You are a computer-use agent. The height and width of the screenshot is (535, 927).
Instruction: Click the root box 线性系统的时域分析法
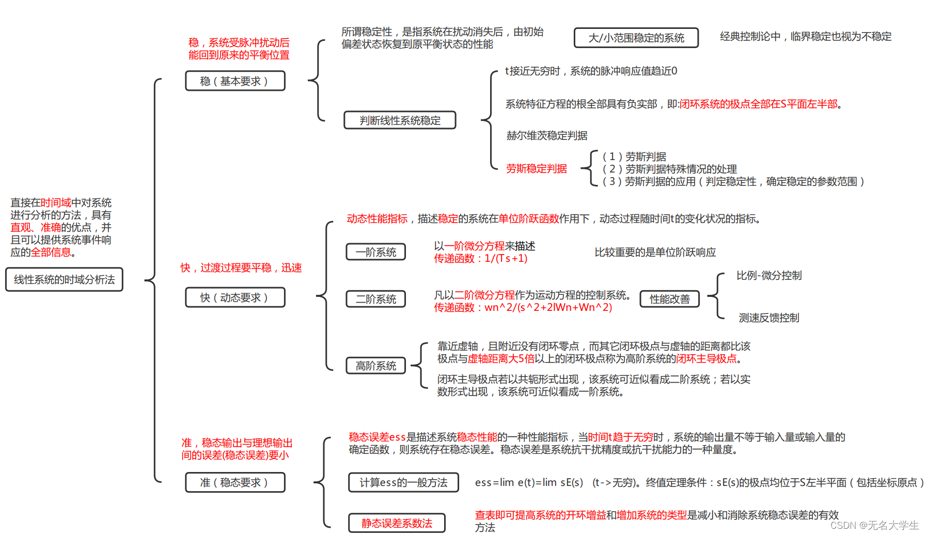(x=64, y=279)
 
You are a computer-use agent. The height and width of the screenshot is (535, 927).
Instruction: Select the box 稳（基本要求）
(x=235, y=81)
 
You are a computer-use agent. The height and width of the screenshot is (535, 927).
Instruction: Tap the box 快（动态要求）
(x=235, y=297)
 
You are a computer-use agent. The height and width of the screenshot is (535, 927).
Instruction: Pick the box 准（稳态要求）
(x=235, y=482)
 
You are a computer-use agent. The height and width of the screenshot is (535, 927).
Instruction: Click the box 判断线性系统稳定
(x=400, y=120)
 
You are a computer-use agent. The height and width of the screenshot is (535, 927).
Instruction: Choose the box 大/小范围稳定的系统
(x=636, y=38)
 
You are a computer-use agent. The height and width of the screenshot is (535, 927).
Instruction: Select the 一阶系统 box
(x=375, y=252)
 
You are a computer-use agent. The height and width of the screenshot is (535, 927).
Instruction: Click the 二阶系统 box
(x=375, y=299)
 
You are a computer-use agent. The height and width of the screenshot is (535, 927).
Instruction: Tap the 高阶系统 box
(x=375, y=366)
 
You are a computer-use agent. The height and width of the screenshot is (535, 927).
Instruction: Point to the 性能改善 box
(x=669, y=299)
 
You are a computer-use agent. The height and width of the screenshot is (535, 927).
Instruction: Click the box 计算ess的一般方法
(x=403, y=482)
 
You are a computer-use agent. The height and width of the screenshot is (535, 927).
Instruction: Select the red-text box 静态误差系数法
(x=397, y=523)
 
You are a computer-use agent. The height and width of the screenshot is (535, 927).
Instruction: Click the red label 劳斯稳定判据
(x=536, y=168)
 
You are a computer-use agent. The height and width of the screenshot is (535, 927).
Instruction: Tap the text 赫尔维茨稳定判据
(x=546, y=135)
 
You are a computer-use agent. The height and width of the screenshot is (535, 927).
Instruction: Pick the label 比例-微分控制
(x=768, y=275)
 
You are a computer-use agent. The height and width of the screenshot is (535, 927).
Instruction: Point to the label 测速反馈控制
(x=768, y=318)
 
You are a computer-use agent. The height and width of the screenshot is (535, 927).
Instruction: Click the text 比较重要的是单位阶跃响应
(x=655, y=252)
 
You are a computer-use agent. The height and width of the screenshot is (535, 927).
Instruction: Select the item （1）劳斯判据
(x=634, y=156)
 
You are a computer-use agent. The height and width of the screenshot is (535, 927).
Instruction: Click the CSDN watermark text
(x=874, y=525)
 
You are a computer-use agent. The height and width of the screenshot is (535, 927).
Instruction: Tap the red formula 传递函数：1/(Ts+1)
(x=480, y=258)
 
